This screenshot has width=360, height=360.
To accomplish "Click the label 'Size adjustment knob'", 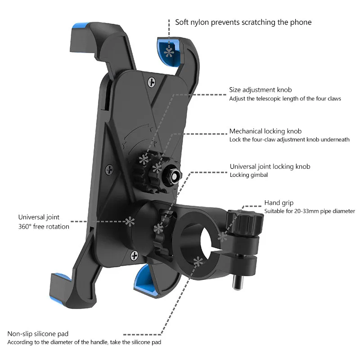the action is click(261, 90).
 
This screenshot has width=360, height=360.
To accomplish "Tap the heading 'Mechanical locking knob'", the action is click(265, 131).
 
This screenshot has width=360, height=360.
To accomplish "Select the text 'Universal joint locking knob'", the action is click(270, 166).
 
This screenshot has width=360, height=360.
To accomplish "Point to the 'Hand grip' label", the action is click(279, 203).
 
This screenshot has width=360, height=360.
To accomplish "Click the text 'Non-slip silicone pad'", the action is click(38, 333).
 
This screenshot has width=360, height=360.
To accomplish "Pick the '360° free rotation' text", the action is click(44, 227).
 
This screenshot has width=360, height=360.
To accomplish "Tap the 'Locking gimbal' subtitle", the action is click(249, 175).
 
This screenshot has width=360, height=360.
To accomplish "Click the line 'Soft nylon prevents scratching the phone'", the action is click(243, 22).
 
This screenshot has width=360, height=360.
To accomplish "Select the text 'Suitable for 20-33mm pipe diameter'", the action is click(310, 211).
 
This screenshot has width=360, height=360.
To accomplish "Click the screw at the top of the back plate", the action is click(151, 82).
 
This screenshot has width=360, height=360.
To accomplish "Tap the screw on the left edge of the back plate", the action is click(109, 170).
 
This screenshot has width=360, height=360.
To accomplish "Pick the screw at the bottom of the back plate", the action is click(134, 255).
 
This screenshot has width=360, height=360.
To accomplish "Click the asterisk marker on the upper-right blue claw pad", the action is click(169, 53).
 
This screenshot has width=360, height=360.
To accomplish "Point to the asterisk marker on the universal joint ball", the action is click(130, 221).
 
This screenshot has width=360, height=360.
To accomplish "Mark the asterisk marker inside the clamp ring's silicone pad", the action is click(198, 262).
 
